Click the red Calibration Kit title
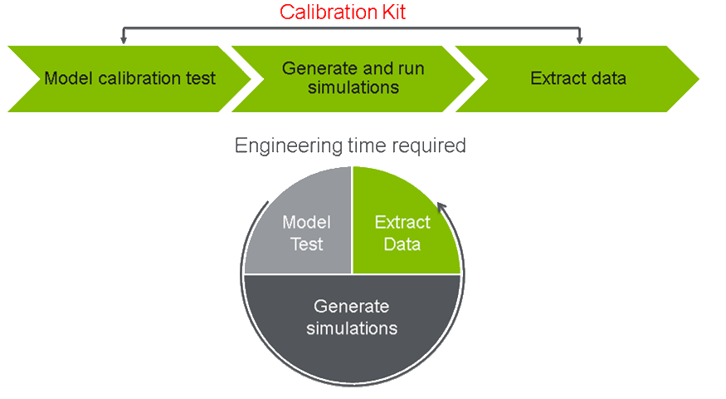pos(343,12)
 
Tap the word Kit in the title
pos(393,12)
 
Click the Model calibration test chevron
pos(129,79)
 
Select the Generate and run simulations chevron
pos(353,79)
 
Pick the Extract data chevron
pos(577,79)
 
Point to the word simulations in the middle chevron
pos(353,87)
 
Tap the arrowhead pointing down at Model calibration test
pos(123,41)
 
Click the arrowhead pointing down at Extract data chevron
pos(579,41)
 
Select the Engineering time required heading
pos(350,145)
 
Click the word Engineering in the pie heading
pos(288,145)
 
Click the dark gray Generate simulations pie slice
pos(352,320)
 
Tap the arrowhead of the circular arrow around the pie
pos(441,207)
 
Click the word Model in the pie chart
pos(306,222)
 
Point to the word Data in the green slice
pos(402,244)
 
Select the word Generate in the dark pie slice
pos(352,306)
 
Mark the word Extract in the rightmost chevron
pos(558,78)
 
